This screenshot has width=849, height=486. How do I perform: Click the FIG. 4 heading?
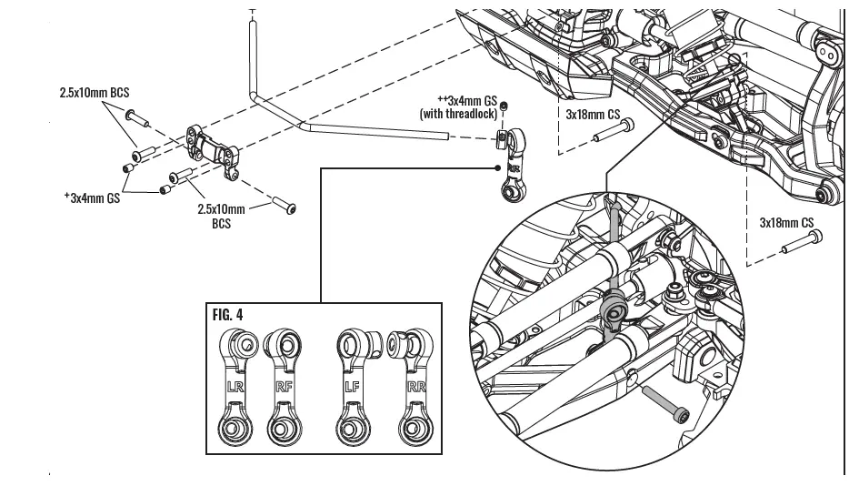point(227,315)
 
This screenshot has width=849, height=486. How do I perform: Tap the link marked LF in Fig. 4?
point(350,388)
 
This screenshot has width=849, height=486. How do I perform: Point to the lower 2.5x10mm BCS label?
point(221,215)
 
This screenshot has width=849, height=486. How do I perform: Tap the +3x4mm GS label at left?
point(92,196)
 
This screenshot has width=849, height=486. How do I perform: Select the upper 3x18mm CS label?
point(593,116)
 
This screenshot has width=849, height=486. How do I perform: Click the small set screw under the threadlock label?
point(504,107)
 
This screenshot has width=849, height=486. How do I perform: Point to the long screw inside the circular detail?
point(664,403)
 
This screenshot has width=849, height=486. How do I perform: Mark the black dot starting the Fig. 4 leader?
point(497,167)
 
